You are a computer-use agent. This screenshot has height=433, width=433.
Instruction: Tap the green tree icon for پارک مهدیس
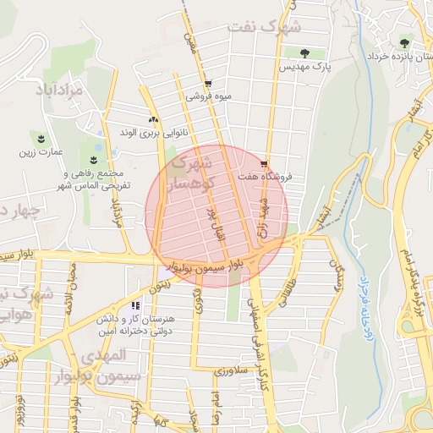(x=316, y=53)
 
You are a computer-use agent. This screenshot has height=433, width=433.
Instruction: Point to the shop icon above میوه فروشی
(x=208, y=84)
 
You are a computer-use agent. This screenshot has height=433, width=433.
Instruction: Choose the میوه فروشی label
(x=207, y=96)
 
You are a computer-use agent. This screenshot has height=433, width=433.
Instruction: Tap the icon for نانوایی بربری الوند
(x=153, y=120)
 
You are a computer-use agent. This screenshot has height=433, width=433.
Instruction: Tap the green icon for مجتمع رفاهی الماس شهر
(x=94, y=158)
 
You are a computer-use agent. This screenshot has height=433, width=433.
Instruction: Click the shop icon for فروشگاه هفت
(x=266, y=164)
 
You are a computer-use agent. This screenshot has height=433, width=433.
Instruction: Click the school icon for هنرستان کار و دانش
(x=135, y=305)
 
